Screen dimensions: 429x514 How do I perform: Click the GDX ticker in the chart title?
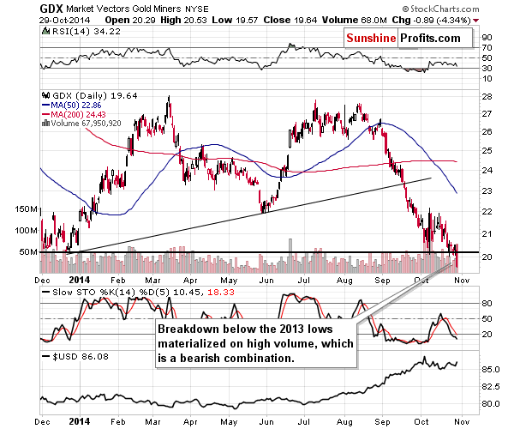coord(16,7)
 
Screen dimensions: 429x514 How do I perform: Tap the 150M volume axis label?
coord(16,208)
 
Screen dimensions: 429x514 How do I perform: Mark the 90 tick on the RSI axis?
coord(487,37)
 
